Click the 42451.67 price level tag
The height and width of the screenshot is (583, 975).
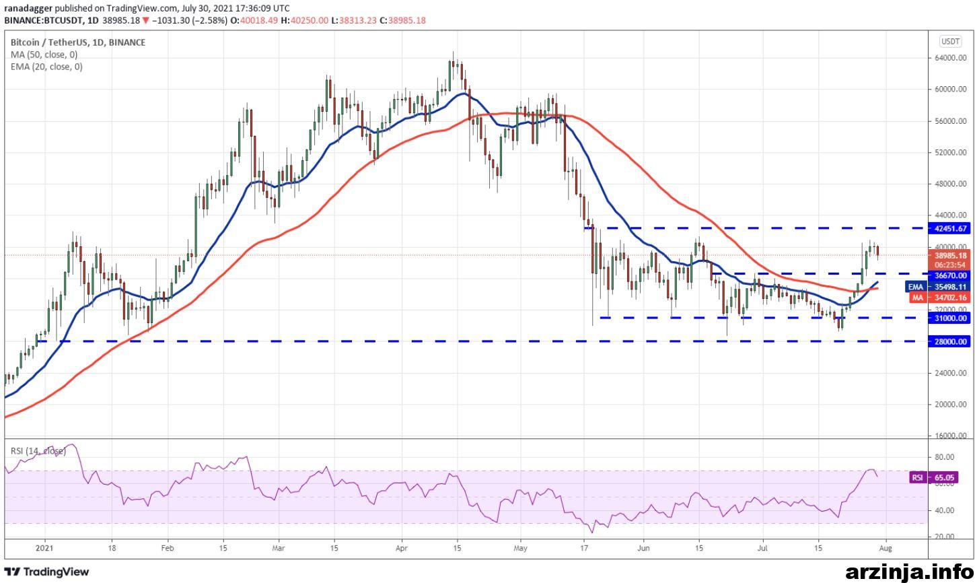click(949, 228)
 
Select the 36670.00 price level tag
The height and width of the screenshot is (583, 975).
click(949, 275)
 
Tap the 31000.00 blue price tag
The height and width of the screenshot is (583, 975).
click(949, 318)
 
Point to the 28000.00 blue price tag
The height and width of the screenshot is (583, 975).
click(949, 342)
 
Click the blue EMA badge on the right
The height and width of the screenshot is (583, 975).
click(915, 287)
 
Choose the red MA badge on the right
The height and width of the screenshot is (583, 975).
click(918, 298)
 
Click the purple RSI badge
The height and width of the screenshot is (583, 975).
click(917, 477)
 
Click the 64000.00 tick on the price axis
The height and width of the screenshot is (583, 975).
click(951, 58)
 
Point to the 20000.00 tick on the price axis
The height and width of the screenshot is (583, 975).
click(951, 405)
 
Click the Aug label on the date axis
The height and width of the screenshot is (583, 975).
click(886, 548)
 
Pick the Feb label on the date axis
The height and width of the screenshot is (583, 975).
click(167, 548)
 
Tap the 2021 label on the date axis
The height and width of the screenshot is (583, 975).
click(44, 548)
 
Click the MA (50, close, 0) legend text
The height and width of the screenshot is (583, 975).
click(44, 55)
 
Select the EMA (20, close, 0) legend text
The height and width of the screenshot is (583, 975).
click(46, 67)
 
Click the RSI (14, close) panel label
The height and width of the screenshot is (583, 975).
click(38, 451)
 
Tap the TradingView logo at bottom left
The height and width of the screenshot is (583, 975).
click(46, 572)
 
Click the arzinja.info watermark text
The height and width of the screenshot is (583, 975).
click(909, 572)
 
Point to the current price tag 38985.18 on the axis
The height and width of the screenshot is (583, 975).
click(949, 256)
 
